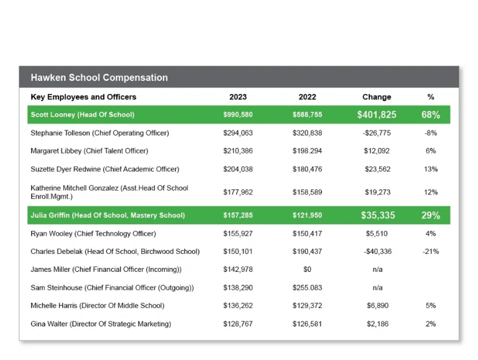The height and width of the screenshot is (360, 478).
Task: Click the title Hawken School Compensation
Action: [x=99, y=78]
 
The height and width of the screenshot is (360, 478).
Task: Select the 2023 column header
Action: [x=238, y=97]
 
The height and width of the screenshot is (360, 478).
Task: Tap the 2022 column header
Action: [x=307, y=97]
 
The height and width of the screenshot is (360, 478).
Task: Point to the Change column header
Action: [x=376, y=97]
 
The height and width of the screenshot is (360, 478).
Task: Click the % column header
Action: [x=431, y=97]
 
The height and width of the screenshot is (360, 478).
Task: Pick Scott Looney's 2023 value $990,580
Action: [x=238, y=115]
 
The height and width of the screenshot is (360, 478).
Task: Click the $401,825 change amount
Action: [x=376, y=115]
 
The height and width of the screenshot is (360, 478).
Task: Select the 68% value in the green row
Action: [x=431, y=115]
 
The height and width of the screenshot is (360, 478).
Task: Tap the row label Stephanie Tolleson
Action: [x=60, y=133]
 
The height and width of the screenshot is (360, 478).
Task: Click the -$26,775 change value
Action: [x=376, y=133]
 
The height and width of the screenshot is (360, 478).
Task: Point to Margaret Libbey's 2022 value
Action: [x=307, y=151]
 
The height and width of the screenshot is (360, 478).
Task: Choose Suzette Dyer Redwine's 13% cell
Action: [x=431, y=169]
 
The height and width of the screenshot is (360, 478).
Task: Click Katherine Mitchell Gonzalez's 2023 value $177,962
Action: [x=238, y=192]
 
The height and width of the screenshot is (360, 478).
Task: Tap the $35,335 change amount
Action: [x=378, y=215]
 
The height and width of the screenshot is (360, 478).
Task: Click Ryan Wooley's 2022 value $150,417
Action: [x=307, y=233]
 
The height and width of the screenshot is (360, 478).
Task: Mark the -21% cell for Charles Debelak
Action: [x=431, y=251]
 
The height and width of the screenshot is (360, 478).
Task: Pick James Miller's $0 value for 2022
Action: [x=307, y=269]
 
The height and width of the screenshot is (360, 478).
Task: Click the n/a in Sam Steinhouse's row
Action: [x=377, y=287]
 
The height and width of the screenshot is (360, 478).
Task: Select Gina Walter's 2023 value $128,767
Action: [x=238, y=324]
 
